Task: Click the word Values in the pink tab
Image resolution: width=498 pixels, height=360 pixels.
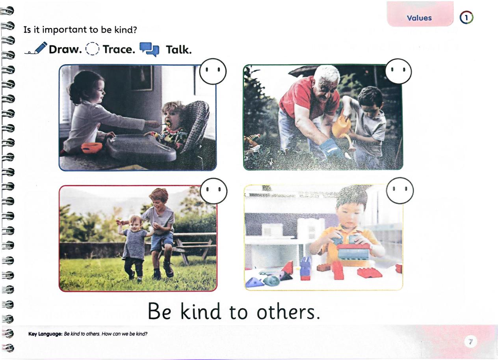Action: coord(419,18)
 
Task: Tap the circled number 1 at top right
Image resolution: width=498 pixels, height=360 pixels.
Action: coord(466,18)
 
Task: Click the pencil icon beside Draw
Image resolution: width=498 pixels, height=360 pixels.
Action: coord(36,48)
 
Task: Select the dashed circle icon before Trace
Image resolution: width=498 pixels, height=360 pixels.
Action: coord(92,48)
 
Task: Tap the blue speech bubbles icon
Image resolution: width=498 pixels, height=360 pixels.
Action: coord(149,49)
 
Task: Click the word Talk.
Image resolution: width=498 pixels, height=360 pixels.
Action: coord(179,50)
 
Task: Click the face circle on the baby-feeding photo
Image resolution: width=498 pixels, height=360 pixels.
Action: coord(213,71)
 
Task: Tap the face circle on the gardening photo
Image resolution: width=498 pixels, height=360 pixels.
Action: coord(398,71)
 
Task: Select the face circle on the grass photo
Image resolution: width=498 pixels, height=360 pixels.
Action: coord(214,191)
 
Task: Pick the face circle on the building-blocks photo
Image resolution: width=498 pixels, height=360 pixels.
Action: coord(400,190)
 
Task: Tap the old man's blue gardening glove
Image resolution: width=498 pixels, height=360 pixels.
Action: coord(330,148)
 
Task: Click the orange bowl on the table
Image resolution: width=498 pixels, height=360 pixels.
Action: coord(92,148)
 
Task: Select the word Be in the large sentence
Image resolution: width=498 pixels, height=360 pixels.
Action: coord(160,312)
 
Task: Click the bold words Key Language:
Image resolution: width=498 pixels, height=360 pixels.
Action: coord(45,334)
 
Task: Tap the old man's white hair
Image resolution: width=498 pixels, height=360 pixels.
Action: coord(327,73)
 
